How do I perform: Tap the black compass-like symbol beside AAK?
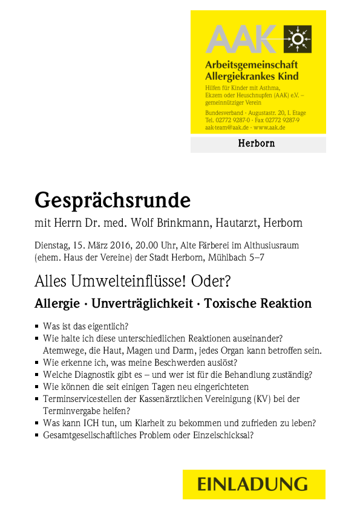tap(297, 40)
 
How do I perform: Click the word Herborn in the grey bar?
tap(257, 144)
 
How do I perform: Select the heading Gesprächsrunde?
tap(113, 199)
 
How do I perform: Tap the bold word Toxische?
tap(229, 303)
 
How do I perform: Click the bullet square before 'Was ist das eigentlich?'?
tap(38, 326)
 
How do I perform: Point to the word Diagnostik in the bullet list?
tap(90, 375)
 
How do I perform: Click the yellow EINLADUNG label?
tap(254, 484)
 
